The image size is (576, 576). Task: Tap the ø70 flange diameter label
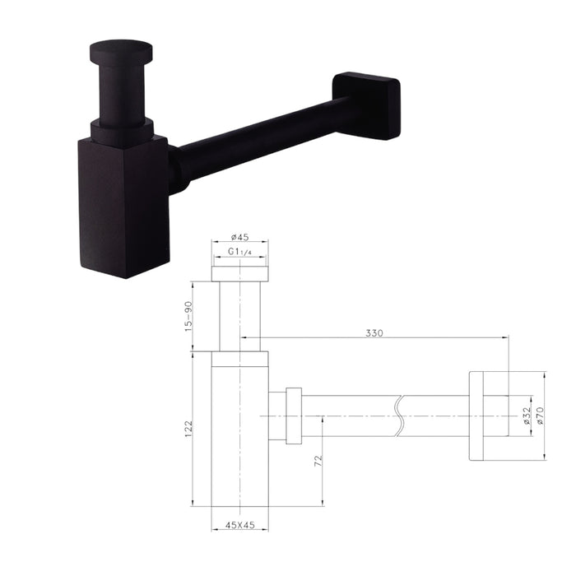[x=540, y=416]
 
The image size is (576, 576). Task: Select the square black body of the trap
[x=123, y=206]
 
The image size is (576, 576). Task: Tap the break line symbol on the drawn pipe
[x=399, y=416]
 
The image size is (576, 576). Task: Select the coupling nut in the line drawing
[x=293, y=416]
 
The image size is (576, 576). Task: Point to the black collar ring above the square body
[x=122, y=132]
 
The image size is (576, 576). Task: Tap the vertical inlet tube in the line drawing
[x=239, y=317]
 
